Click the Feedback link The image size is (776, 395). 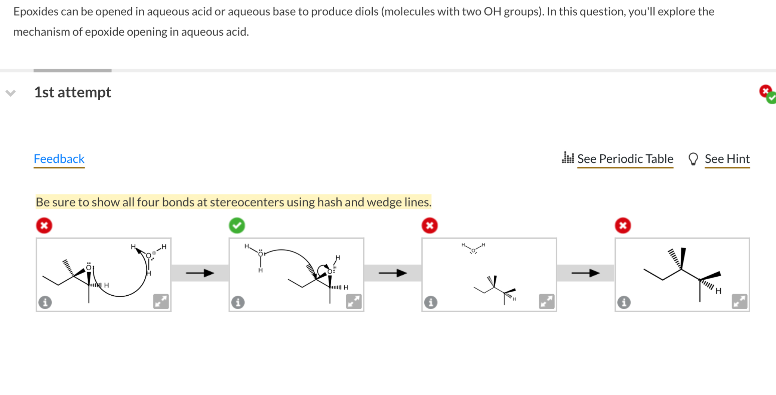(x=59, y=159)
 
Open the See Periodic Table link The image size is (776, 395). (x=625, y=159)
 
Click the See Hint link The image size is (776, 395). (x=727, y=159)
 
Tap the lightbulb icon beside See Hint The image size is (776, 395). (x=693, y=159)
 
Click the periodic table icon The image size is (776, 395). (x=567, y=158)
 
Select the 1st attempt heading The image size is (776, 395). (x=73, y=92)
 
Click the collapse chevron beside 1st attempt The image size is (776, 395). (x=11, y=93)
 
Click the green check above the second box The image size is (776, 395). (x=237, y=226)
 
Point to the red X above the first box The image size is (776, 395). (x=44, y=226)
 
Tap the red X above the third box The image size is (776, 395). (x=430, y=226)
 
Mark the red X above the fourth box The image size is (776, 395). (x=623, y=226)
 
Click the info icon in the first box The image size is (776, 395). (x=45, y=302)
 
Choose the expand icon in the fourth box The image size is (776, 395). (x=739, y=301)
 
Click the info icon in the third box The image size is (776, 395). (x=431, y=302)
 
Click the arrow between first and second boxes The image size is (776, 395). (x=200, y=273)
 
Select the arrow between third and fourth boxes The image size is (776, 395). (x=585, y=273)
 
